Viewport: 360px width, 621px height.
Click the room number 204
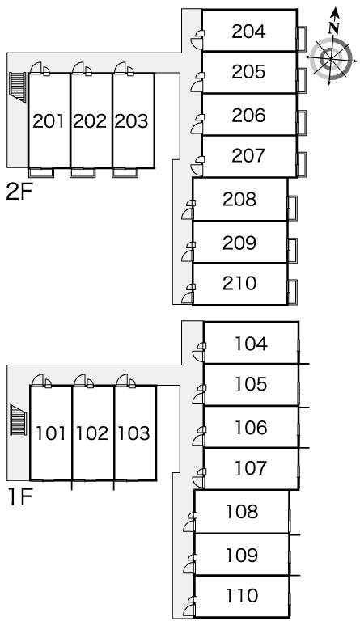(248, 32)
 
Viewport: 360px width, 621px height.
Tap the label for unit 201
(49, 121)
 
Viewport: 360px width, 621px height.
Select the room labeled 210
(239, 284)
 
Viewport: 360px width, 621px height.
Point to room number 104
(251, 344)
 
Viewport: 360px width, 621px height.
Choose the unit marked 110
(242, 595)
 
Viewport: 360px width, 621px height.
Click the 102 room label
(92, 433)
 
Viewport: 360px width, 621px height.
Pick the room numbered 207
(248, 155)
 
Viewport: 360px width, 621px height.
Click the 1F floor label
(19, 497)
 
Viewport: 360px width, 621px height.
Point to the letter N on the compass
(335, 27)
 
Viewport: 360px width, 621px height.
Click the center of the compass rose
(331, 59)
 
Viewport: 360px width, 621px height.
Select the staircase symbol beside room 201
(18, 87)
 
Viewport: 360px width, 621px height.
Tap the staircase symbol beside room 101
(19, 420)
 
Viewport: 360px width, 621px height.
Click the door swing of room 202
(78, 67)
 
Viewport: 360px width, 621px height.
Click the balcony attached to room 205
(302, 80)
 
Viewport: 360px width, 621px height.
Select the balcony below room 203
(125, 172)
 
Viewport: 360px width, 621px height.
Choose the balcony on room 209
(293, 251)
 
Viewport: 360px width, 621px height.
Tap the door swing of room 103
(122, 380)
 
